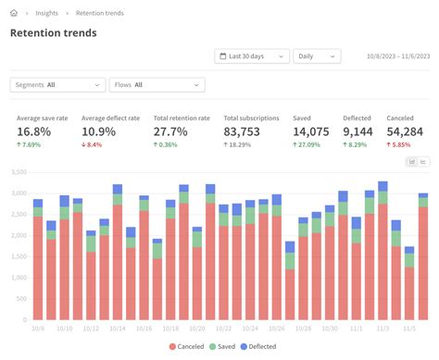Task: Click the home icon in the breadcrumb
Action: (15, 13)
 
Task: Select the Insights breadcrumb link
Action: (47, 13)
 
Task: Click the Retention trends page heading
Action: (53, 33)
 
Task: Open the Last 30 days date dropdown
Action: (251, 56)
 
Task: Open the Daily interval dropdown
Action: (317, 56)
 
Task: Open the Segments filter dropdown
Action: (57, 85)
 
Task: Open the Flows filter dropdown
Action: (157, 85)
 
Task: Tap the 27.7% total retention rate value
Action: (172, 132)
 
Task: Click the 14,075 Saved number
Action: (312, 132)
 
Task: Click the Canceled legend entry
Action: (185, 346)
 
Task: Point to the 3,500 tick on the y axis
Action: (18, 173)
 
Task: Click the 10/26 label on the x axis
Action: (277, 329)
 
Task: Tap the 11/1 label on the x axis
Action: (357, 329)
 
